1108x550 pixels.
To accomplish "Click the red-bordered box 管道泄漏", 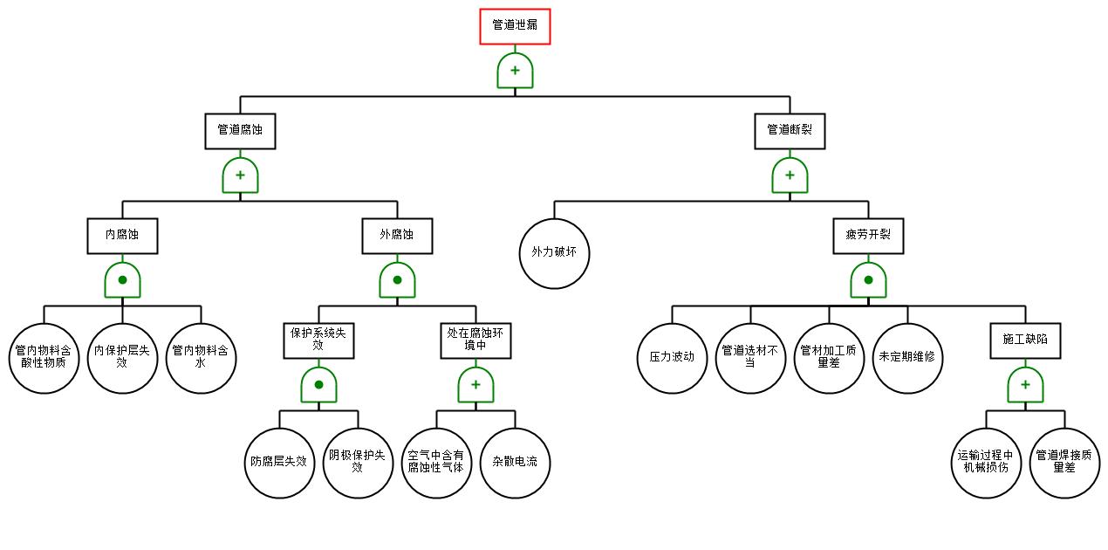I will (x=515, y=26).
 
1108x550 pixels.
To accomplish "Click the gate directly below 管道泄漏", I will (x=515, y=71).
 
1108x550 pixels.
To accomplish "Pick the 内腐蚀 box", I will (x=122, y=236).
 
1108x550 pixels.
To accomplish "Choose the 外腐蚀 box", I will (x=397, y=236).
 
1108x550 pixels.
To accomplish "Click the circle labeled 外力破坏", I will (x=554, y=253).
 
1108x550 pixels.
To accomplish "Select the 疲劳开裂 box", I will (x=868, y=236).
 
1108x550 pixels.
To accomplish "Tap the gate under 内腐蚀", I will (x=122, y=280).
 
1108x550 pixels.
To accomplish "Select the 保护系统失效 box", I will (x=318, y=340).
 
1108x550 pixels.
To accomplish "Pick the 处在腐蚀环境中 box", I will (x=475, y=340).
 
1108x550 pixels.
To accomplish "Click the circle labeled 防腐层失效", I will (x=279, y=463).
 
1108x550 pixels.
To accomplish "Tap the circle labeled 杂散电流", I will (x=515, y=463).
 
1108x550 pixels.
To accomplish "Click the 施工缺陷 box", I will (x=1025, y=340).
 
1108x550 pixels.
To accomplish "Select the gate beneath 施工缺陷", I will (x=1025, y=385).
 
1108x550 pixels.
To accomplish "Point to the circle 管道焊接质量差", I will (x=1064, y=463).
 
